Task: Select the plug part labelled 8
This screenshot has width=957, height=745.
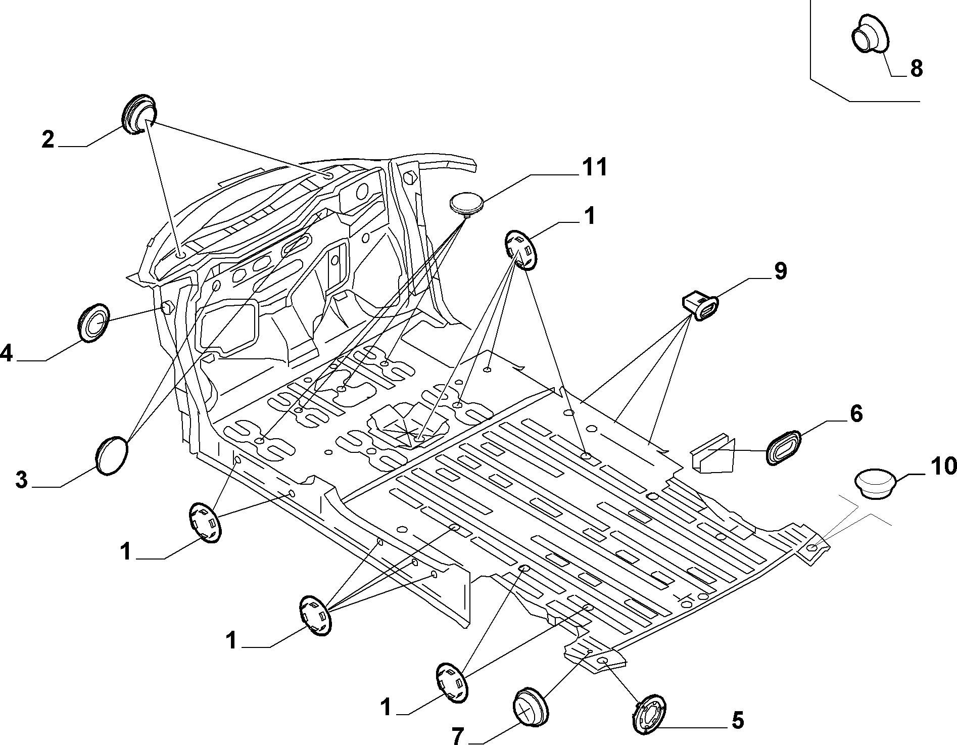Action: click(869, 33)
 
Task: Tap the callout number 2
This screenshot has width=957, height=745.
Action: click(48, 139)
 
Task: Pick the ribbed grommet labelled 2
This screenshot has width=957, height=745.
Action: click(139, 114)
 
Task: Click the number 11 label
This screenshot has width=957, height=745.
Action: click(594, 167)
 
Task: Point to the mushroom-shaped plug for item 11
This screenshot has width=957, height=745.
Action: click(466, 205)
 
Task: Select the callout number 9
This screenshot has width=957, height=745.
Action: click(780, 271)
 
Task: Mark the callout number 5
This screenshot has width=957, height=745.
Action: click(738, 720)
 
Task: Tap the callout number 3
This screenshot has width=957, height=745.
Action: click(21, 480)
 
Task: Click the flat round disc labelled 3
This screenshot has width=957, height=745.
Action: click(112, 455)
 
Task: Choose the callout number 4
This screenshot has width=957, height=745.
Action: click(6, 353)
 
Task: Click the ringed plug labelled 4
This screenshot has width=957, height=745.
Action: click(94, 323)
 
